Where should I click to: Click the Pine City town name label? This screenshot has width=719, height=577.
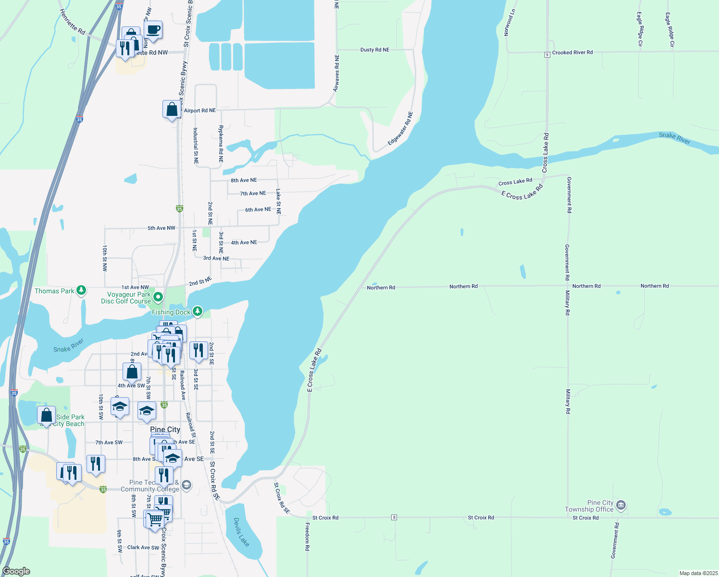click(x=165, y=429)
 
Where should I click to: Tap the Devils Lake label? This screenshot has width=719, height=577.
click(x=242, y=532)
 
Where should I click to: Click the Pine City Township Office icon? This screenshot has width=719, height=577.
click(x=621, y=505)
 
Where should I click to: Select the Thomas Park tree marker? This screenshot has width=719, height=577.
click(x=81, y=290)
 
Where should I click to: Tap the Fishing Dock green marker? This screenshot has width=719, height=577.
click(x=198, y=312)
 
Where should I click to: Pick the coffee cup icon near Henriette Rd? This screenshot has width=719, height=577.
click(x=153, y=30)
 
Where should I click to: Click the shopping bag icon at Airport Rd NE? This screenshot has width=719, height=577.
click(x=172, y=110)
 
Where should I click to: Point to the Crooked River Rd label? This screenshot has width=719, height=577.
click(x=572, y=52)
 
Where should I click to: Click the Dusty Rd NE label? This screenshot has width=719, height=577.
click(x=375, y=50)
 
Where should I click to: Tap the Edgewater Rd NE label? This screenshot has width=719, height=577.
click(x=400, y=128)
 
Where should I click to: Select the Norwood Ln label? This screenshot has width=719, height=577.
click(x=509, y=23)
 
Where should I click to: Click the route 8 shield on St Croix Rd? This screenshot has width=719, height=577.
click(x=394, y=517)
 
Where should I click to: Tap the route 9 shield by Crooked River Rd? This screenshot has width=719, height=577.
click(x=547, y=55)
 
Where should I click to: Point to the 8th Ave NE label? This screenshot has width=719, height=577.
click(x=244, y=180)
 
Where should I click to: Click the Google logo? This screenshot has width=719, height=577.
click(x=16, y=571)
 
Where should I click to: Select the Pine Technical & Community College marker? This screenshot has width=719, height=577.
click(x=186, y=485)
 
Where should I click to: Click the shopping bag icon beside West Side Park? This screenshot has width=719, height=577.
click(x=46, y=414)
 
